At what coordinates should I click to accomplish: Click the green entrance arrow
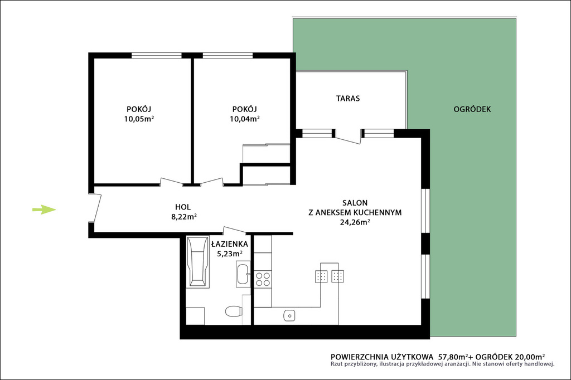pyautogui.click(x=44, y=210)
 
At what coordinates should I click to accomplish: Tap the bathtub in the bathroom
pyautogui.click(x=198, y=261)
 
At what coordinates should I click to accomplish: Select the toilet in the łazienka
pyautogui.click(x=233, y=311)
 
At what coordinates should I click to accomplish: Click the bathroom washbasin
pyautogui.click(x=243, y=274)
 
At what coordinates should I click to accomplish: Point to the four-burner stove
pyautogui.click(x=263, y=279)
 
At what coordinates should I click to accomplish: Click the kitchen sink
pyautogui.click(x=289, y=315)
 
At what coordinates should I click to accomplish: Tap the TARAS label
pyautogui.click(x=348, y=98)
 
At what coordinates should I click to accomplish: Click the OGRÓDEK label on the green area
pyautogui.click(x=472, y=109)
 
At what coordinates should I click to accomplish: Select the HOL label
pyautogui.click(x=183, y=207)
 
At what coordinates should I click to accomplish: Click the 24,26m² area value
pyautogui.click(x=355, y=222)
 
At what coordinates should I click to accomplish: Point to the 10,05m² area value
pyautogui.click(x=139, y=119)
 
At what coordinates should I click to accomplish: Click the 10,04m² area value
pyautogui.click(x=245, y=119)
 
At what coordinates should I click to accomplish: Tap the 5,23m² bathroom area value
pyautogui.click(x=230, y=254)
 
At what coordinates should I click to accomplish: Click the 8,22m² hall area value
pyautogui.click(x=184, y=217)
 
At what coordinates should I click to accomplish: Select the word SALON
pyautogui.click(x=355, y=203)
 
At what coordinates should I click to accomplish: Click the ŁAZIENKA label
pyautogui.click(x=229, y=244)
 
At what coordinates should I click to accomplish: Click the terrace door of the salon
pyautogui.click(x=349, y=137)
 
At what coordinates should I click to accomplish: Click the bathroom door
pyautogui.click(x=235, y=231)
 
